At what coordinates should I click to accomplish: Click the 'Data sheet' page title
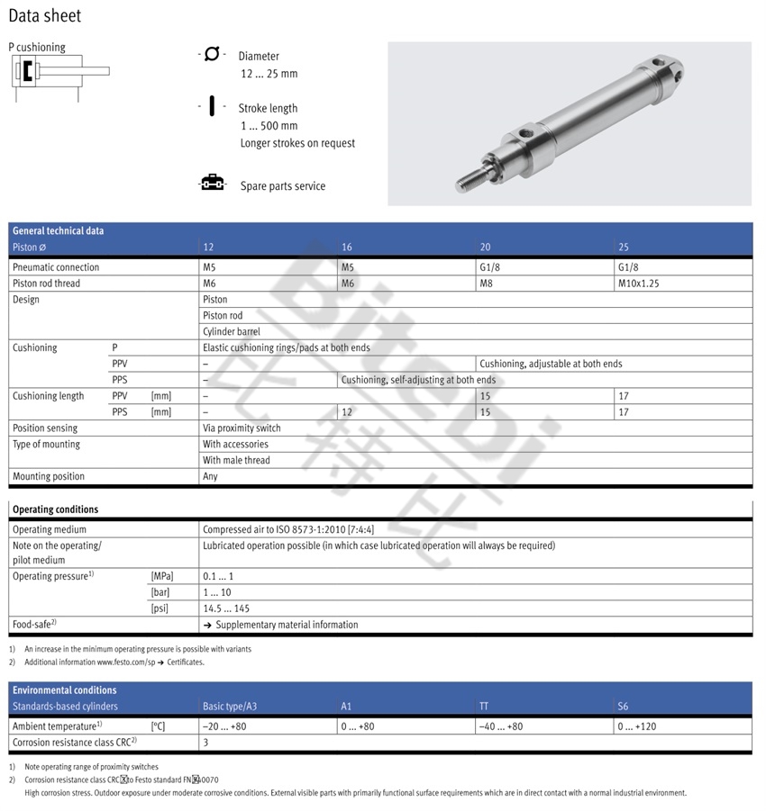coord(45,15)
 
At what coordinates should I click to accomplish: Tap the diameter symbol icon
coord(211,55)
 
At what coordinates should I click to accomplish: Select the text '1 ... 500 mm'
coord(269,126)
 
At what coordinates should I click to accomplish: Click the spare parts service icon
coord(212,185)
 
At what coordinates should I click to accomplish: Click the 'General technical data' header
coord(58,230)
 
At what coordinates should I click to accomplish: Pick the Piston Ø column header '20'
coord(486,247)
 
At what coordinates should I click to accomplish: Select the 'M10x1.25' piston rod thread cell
coord(644,284)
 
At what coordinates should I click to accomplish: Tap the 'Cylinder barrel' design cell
coord(232,332)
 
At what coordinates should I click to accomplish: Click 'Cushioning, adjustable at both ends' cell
coord(551,364)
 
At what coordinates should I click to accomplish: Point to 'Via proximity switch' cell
coord(242,428)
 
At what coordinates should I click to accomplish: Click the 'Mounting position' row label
coord(49,477)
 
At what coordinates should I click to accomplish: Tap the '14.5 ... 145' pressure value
coord(226,608)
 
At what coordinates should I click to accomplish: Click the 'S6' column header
coord(624,706)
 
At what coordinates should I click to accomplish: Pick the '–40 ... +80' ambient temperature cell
coord(501,726)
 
